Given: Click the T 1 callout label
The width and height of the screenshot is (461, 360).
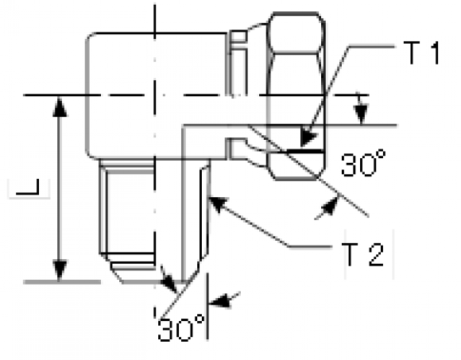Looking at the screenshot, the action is (421, 53).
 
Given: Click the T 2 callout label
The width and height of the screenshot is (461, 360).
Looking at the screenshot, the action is (364, 254).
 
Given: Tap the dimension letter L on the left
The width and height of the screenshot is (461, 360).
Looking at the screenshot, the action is (28, 187).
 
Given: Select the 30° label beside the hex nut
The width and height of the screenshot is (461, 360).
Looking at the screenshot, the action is (363, 164).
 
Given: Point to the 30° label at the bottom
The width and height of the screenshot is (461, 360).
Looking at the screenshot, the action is (181, 327).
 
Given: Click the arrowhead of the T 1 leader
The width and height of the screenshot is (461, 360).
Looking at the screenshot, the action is (308, 137).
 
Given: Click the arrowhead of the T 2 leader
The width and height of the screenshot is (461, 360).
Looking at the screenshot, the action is (218, 204).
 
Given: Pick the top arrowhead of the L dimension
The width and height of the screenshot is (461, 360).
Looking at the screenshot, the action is (60, 106).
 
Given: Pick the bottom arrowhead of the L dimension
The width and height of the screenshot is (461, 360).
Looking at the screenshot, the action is (60, 270).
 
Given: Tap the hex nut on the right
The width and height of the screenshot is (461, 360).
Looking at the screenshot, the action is (296, 96).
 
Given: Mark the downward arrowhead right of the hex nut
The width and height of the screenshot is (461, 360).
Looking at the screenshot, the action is (361, 114).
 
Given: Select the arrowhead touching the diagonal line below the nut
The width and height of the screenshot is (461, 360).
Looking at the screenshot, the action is (329, 207).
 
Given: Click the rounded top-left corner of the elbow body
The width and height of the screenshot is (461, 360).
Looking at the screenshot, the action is (91, 37).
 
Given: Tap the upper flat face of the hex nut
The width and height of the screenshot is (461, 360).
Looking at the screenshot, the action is (296, 33).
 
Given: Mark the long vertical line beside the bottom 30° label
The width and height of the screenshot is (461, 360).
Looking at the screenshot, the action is (207, 307).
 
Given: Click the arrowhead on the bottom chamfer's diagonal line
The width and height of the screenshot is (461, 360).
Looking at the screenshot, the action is (169, 282).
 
